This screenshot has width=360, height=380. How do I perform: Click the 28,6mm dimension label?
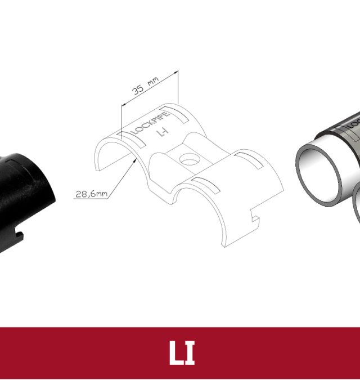91,194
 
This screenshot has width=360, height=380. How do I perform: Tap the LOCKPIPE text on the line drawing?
150,123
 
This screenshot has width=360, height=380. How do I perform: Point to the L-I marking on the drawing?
163,132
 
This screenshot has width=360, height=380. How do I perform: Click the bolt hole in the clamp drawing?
190,159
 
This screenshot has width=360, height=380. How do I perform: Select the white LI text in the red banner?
182,352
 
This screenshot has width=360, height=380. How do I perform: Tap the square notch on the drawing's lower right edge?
255,216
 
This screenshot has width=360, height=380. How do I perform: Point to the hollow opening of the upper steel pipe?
318,174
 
